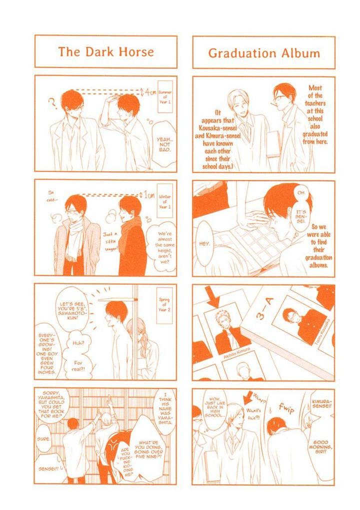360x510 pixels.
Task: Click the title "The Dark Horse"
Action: pyautogui.click(x=105, y=51)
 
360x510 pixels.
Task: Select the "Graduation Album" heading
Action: pyautogui.click(x=264, y=52)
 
